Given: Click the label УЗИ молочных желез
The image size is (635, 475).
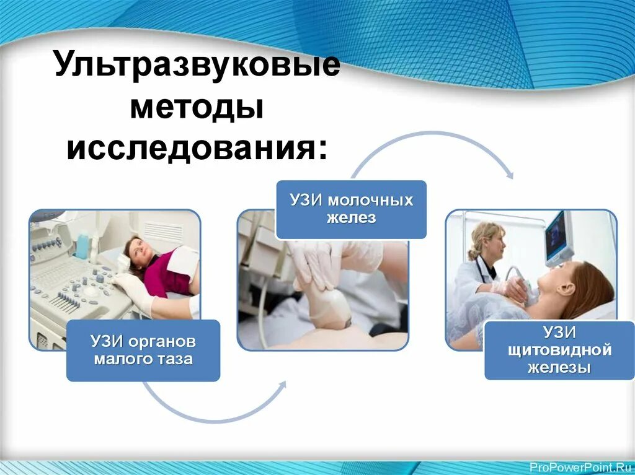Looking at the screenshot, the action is (x=351, y=209).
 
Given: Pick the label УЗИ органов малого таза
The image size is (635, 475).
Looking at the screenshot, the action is (x=143, y=350).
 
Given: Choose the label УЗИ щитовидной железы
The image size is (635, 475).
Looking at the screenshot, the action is (x=559, y=351).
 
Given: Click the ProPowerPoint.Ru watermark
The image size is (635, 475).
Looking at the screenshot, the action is (x=582, y=468).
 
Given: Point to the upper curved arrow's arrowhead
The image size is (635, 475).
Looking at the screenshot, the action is (x=510, y=175).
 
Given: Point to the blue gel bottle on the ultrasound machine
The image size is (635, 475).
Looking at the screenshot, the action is (x=82, y=245).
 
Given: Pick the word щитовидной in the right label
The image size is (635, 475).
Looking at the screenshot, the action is (x=560, y=351).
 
